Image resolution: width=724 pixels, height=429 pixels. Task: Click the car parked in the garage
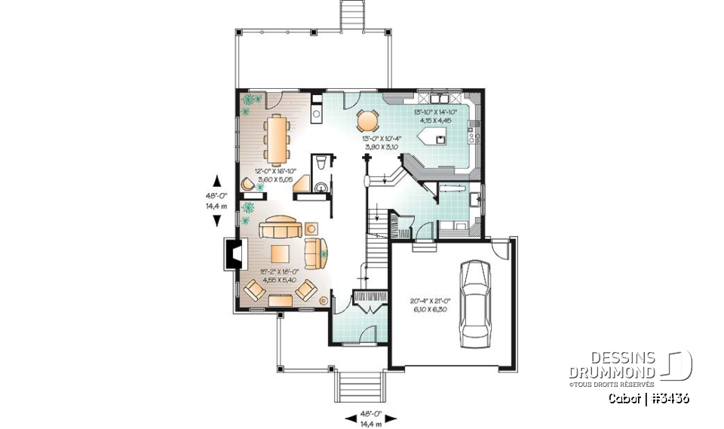tap(474, 302)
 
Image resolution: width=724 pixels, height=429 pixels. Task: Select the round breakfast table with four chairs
tap(367, 121)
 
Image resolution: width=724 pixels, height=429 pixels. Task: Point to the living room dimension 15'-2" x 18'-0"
tap(278, 275)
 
